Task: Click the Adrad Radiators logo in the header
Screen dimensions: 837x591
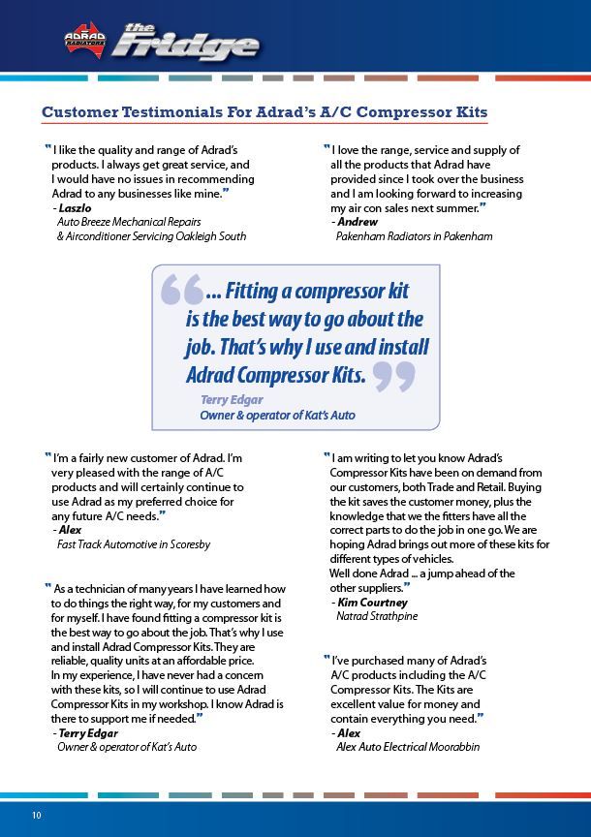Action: (x=84, y=39)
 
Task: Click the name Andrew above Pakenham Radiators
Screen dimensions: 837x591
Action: (x=358, y=222)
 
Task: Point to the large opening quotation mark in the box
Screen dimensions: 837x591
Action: (x=181, y=290)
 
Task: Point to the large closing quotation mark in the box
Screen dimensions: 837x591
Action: (x=393, y=376)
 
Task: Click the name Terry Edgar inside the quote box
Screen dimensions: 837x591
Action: (x=232, y=399)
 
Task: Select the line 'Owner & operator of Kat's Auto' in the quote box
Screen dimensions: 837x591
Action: (x=277, y=415)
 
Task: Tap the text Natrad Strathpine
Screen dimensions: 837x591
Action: (x=378, y=616)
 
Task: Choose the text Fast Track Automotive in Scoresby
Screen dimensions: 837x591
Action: (x=134, y=544)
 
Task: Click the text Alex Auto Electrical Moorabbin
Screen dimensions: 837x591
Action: (x=408, y=747)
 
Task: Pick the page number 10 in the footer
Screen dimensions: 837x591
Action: (x=36, y=815)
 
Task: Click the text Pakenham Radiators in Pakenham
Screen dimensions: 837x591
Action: (x=414, y=236)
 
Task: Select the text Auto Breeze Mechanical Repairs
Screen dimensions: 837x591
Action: (x=129, y=222)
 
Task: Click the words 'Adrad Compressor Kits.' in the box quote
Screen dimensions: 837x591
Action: (x=275, y=375)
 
